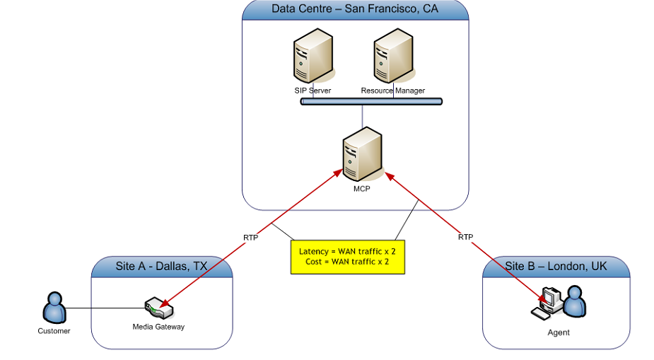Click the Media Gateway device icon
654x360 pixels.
pyautogui.click(x=158, y=309)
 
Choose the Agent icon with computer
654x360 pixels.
pyautogui.click(x=562, y=303)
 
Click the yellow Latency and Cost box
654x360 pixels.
pyautogui.click(x=348, y=256)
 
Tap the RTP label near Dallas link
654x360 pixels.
pyautogui.click(x=250, y=238)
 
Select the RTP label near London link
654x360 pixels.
pyautogui.click(x=465, y=237)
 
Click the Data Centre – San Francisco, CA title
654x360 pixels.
pyautogui.click(x=355, y=9)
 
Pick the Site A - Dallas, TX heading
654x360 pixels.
pyautogui.click(x=161, y=267)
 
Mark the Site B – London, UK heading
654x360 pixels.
pyautogui.click(x=556, y=267)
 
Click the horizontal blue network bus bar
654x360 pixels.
pyautogui.click(x=371, y=102)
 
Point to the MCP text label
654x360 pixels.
pyautogui.click(x=361, y=189)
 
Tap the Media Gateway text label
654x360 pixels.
pyautogui.click(x=158, y=327)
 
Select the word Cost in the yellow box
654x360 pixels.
pyautogui.click(x=315, y=262)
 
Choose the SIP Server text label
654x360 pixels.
pyautogui.click(x=312, y=91)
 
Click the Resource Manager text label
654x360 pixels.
pyautogui.click(x=393, y=91)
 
